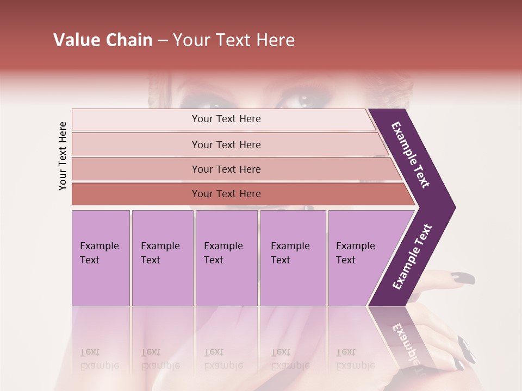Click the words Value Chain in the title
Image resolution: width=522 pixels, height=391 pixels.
(x=103, y=40)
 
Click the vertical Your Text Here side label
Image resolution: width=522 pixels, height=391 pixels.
(x=63, y=156)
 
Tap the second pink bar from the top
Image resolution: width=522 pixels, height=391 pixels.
(x=226, y=144)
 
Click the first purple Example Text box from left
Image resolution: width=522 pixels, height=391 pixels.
(x=101, y=258)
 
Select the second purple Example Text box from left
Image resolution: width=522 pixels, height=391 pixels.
(x=163, y=258)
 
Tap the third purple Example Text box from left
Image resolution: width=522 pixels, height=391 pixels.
(x=226, y=258)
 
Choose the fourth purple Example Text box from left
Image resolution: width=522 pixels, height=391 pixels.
(x=293, y=258)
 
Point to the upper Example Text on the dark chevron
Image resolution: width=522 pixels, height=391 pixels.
(x=411, y=155)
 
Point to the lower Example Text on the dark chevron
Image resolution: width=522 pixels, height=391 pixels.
(x=412, y=257)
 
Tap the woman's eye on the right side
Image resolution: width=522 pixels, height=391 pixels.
(x=303, y=100)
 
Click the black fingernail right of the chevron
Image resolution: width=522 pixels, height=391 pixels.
(x=463, y=278)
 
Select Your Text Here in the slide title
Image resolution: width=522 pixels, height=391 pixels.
(x=234, y=40)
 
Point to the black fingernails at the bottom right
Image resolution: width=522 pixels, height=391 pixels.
(x=465, y=350)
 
